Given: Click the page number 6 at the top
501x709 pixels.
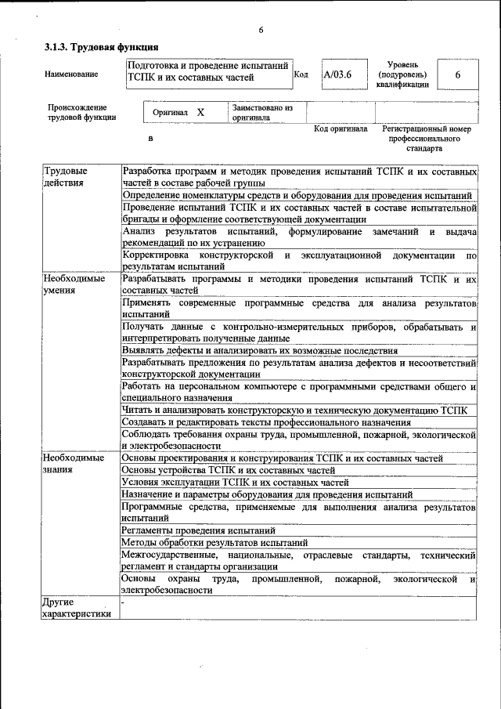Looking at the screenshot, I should point(261,30).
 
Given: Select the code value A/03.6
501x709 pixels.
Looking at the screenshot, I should point(338,74).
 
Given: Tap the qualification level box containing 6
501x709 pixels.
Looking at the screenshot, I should point(457,74).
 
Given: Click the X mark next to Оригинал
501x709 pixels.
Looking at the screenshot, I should point(200,112).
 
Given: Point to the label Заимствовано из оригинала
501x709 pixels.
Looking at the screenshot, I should point(261,112).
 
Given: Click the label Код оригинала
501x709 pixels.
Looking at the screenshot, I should point(340,128).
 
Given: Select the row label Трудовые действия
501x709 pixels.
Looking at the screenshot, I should point(65,176).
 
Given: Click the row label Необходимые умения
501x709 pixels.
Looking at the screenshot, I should point(74,284).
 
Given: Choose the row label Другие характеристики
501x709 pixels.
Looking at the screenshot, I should point(78,608).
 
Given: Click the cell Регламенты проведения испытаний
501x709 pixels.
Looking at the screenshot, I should point(198,530).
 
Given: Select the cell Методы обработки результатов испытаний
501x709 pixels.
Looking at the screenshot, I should point(214,542).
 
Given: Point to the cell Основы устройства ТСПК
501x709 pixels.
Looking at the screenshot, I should point(229,470).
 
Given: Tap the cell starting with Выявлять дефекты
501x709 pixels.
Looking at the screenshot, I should point(260,350).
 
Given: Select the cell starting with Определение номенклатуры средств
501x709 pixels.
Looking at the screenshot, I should point(297,195).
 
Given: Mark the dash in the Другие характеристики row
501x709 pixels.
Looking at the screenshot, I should point(124,602).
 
